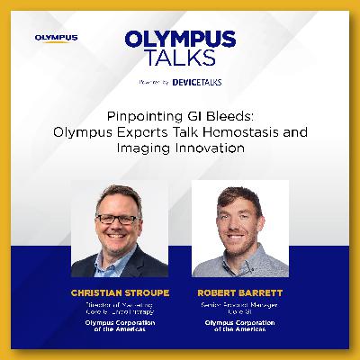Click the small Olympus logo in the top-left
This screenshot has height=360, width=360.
[56, 38]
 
